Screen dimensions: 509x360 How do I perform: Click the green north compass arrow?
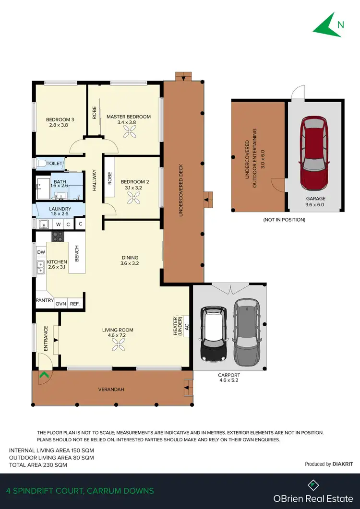[x=326, y=25]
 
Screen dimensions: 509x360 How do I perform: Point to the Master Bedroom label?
[x=129, y=117]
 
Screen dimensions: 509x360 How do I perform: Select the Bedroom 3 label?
[x=60, y=119]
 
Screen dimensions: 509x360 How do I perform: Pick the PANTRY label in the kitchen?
[x=44, y=300]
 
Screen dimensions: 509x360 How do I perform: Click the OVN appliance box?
[x=60, y=304]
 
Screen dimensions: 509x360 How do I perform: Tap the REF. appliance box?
[x=74, y=304]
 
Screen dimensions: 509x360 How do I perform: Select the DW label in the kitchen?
[x=41, y=252]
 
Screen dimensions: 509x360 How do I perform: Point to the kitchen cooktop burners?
[x=58, y=236]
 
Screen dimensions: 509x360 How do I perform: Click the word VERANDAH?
[x=111, y=390]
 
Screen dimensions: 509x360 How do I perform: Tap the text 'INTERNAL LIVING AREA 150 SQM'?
[x=51, y=450]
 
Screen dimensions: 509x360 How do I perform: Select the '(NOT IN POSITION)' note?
[x=284, y=220]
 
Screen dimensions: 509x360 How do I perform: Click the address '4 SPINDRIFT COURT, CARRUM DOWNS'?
[x=80, y=491]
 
